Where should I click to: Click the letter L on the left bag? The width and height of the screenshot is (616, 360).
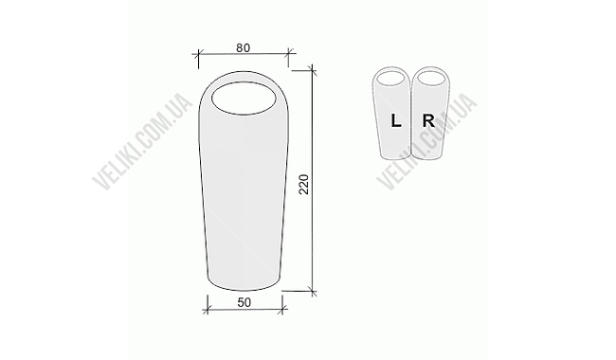point(396,120)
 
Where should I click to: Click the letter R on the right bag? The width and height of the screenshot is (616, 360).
point(428,120)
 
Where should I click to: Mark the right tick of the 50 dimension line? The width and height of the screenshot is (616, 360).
point(281,305)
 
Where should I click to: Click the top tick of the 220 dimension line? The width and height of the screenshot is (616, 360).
point(314,69)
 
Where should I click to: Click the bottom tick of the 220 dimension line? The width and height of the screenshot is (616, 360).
point(314,288)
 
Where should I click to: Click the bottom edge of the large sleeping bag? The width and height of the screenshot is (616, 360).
point(244,287)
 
